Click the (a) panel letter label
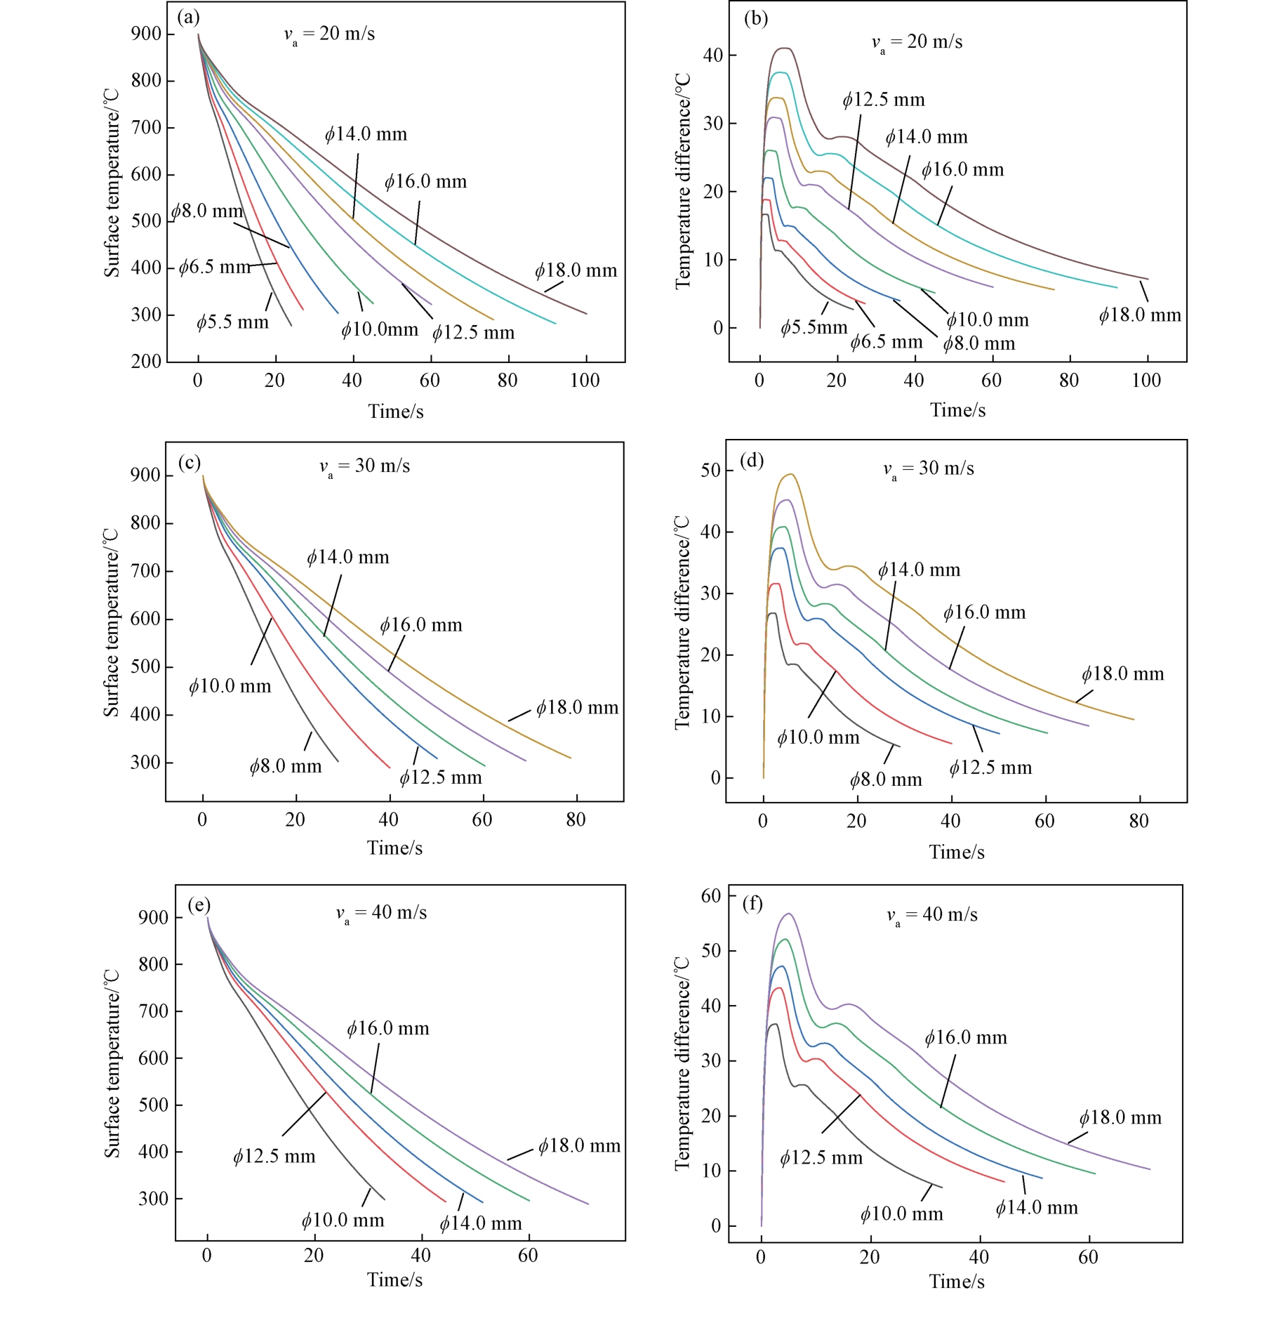coord(188,17)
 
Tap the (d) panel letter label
coord(752,461)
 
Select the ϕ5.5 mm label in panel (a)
coord(232,322)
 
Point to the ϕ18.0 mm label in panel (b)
coord(1140,315)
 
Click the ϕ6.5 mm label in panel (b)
coord(887,343)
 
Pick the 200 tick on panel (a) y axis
coord(146,361)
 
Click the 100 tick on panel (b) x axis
coord(1146,381)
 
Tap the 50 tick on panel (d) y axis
coord(710,470)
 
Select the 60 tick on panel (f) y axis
coord(711,895)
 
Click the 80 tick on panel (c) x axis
coord(576,820)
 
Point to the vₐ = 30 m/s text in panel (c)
coord(365,467)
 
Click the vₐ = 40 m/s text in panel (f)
coord(932,915)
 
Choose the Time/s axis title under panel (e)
coord(394,1280)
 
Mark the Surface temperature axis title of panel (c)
coord(111,622)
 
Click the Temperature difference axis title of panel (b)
coord(683,181)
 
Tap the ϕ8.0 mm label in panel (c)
coord(286,766)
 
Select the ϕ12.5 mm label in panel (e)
coord(274,1157)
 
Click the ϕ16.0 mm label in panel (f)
coord(966,1038)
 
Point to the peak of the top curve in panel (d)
coord(791,474)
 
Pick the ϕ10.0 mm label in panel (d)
coord(818,737)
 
